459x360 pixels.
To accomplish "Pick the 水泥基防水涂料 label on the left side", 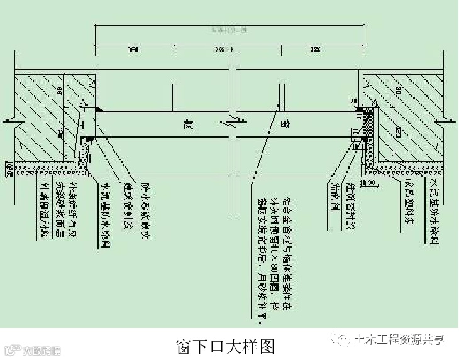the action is (106, 214).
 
